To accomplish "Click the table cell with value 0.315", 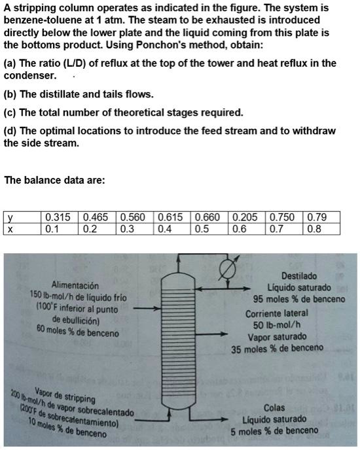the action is (x=59, y=218).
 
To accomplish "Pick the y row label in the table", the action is (x=9, y=218).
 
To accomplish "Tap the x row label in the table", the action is (x=9, y=229).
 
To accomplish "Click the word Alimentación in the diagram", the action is (x=75, y=286).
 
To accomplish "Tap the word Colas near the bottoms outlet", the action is (x=274, y=407).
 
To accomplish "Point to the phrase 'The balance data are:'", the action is (x=54, y=180).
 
